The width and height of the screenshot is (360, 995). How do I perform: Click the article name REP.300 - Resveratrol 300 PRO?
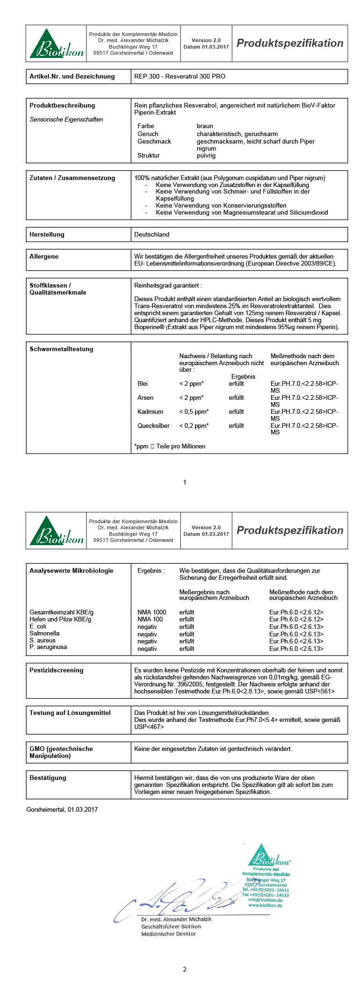pyautogui.click(x=180, y=76)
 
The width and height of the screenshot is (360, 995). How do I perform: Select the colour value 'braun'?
pyautogui.click(x=205, y=126)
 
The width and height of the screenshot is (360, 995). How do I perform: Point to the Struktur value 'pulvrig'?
pyautogui.click(x=206, y=155)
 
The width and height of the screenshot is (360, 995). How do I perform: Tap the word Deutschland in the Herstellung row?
pyautogui.click(x=151, y=234)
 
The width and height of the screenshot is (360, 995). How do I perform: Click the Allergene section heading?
pyautogui.click(x=44, y=256)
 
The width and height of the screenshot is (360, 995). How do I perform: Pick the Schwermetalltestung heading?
pyautogui.click(x=61, y=349)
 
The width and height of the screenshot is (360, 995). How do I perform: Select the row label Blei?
pyautogui.click(x=143, y=383)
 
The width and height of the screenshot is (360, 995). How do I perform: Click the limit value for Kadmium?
pyautogui.click(x=194, y=411)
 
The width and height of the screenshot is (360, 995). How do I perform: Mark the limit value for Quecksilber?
pyautogui.click(x=194, y=425)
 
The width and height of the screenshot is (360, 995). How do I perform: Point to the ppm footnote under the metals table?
pyautogui.click(x=170, y=446)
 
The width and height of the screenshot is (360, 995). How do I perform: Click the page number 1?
pyautogui.click(x=185, y=482)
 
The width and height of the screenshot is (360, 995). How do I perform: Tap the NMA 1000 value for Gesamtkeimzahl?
pyautogui.click(x=151, y=612)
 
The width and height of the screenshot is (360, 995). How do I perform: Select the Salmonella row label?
pyautogui.click(x=44, y=633)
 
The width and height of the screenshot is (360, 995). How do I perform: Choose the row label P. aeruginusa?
pyautogui.click(x=48, y=647)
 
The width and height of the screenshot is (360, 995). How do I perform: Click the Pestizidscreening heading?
pyautogui.click(x=56, y=670)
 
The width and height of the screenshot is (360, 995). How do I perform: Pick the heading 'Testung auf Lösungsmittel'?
pyautogui.click(x=70, y=713)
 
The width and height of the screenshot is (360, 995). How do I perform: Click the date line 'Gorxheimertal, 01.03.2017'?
pyautogui.click(x=62, y=809)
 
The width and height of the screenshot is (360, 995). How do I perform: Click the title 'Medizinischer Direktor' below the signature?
pyautogui.click(x=168, y=934)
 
